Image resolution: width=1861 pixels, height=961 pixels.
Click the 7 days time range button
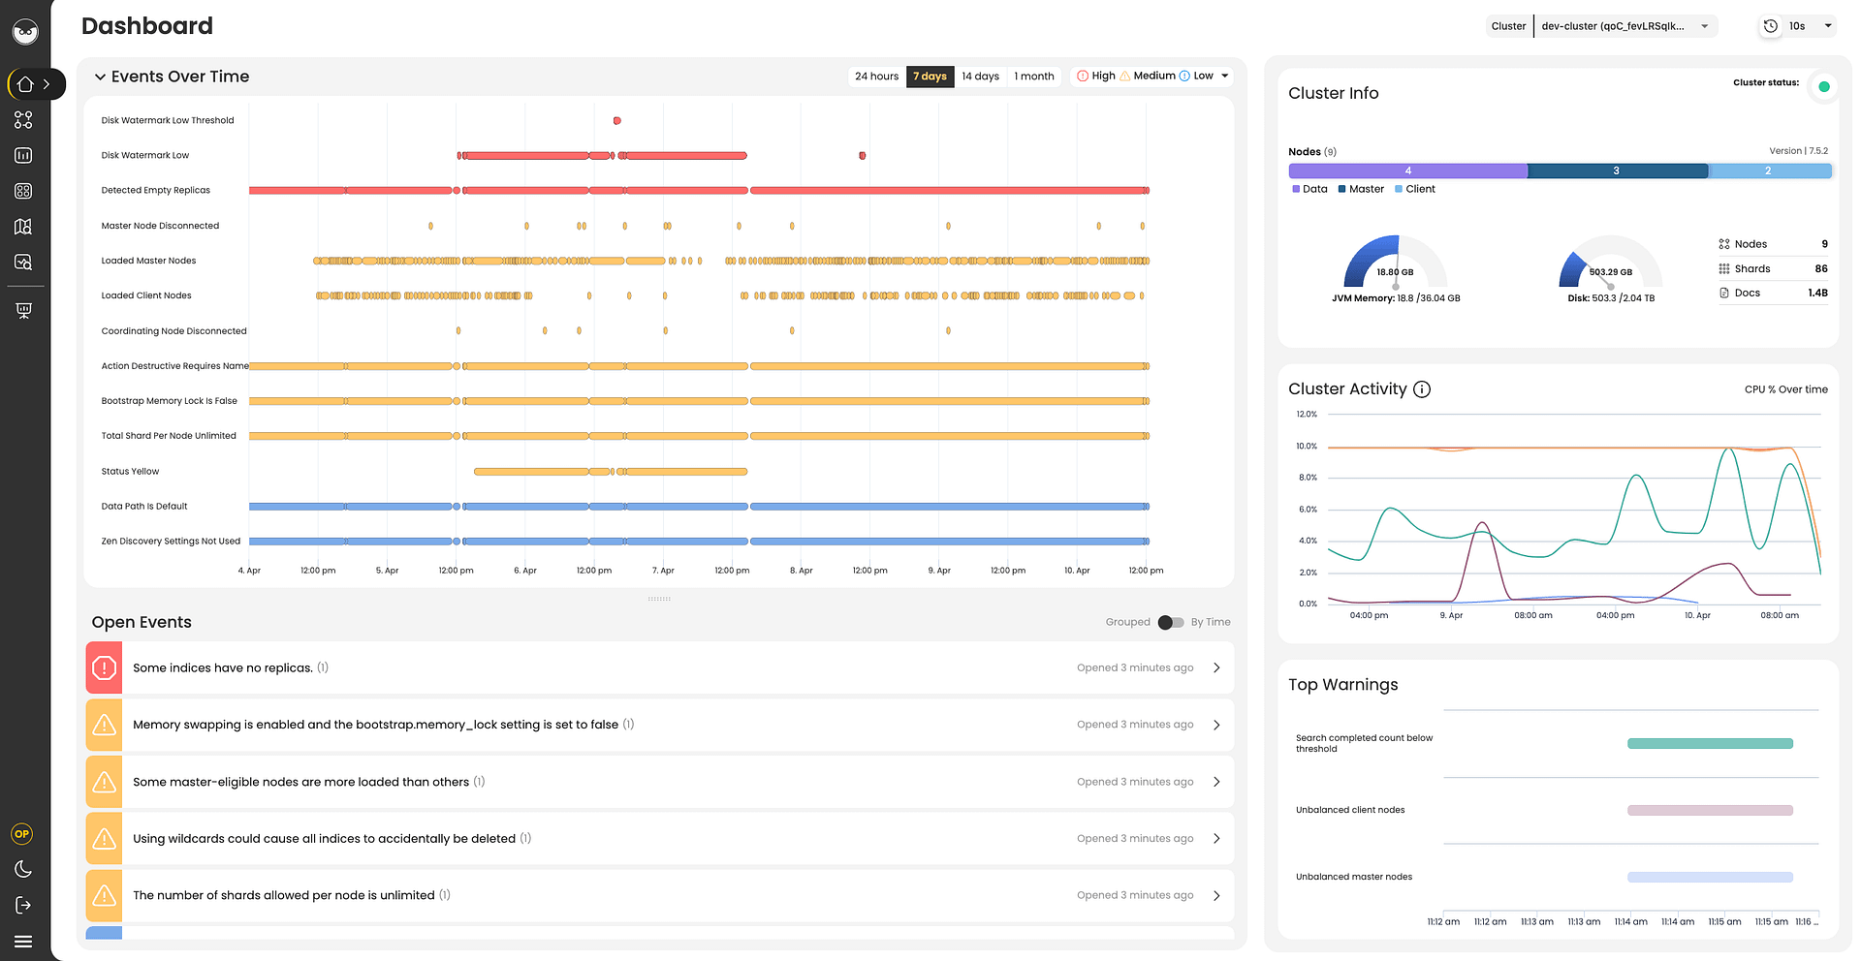(930, 77)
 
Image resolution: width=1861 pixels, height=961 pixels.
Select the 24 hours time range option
(876, 77)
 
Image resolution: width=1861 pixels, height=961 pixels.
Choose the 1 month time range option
(1033, 77)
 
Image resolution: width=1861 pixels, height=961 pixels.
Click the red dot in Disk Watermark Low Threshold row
(616, 121)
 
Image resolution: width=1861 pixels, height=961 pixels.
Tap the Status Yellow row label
(130, 472)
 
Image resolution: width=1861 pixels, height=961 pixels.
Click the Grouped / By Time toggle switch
(1170, 622)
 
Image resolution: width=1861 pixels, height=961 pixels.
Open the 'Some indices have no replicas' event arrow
(1216, 667)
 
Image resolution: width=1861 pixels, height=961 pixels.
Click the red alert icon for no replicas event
(105, 667)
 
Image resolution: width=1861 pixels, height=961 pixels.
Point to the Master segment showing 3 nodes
(1617, 170)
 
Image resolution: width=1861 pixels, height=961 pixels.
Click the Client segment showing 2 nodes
(1769, 170)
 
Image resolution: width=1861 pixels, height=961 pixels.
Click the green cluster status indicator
(1823, 87)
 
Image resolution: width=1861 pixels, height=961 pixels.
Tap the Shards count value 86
(1820, 269)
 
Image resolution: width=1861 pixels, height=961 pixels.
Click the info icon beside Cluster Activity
(1422, 389)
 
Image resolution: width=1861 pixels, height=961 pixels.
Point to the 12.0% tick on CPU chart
(1307, 415)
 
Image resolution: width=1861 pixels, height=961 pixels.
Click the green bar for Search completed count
(1709, 744)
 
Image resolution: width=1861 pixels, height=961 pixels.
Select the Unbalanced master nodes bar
(1709, 878)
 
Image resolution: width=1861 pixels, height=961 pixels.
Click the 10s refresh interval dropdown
(1799, 26)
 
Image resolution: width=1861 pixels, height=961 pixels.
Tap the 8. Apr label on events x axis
(801, 571)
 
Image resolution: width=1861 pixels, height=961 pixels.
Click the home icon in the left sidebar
(25, 84)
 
